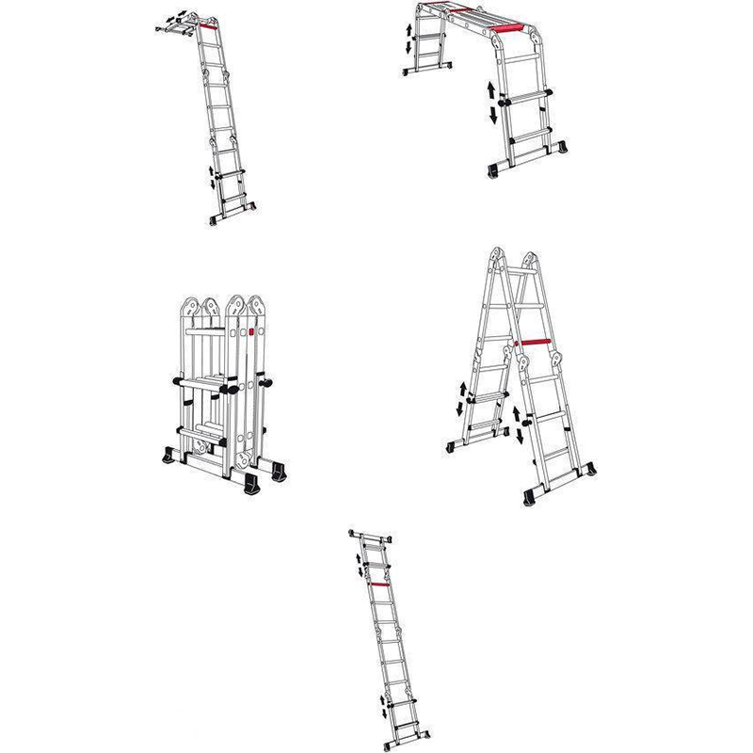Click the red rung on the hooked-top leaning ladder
coord(208,28)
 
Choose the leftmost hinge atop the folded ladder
coord(189,308)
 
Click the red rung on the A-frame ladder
coord(534,341)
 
